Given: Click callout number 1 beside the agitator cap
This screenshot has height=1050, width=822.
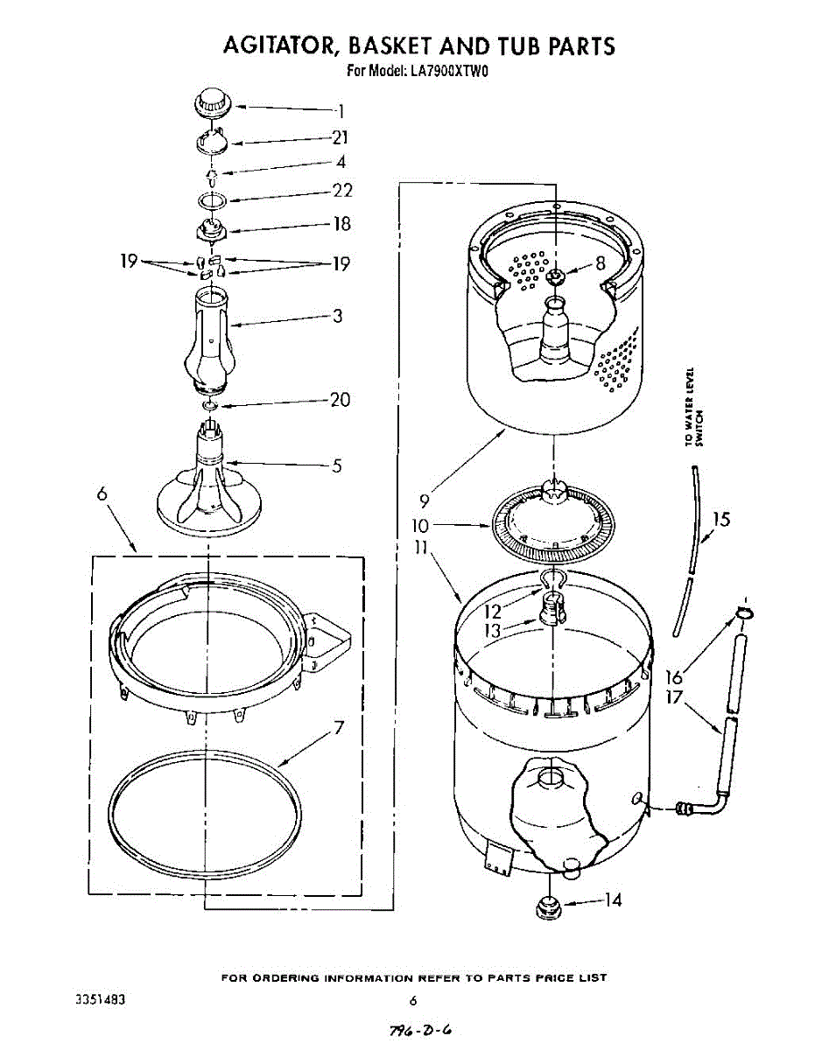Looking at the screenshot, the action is (341, 111).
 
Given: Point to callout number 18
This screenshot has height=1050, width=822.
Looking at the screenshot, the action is (341, 224).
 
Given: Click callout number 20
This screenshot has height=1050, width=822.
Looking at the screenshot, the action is (340, 400).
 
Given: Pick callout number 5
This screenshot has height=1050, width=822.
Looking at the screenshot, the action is (337, 465).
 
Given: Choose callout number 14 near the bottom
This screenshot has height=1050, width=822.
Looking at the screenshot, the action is (613, 899).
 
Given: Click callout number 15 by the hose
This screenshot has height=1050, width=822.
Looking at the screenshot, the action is (720, 521).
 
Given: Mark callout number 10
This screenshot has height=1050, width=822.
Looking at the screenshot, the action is (422, 526).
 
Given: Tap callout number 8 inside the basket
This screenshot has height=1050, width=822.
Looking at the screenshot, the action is (601, 262).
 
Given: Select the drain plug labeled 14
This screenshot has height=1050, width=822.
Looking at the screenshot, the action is (547, 906).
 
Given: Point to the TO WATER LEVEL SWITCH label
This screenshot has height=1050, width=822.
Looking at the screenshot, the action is (695, 407).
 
